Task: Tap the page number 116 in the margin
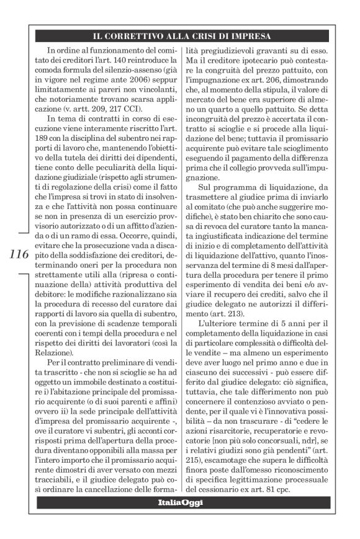(20, 254)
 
